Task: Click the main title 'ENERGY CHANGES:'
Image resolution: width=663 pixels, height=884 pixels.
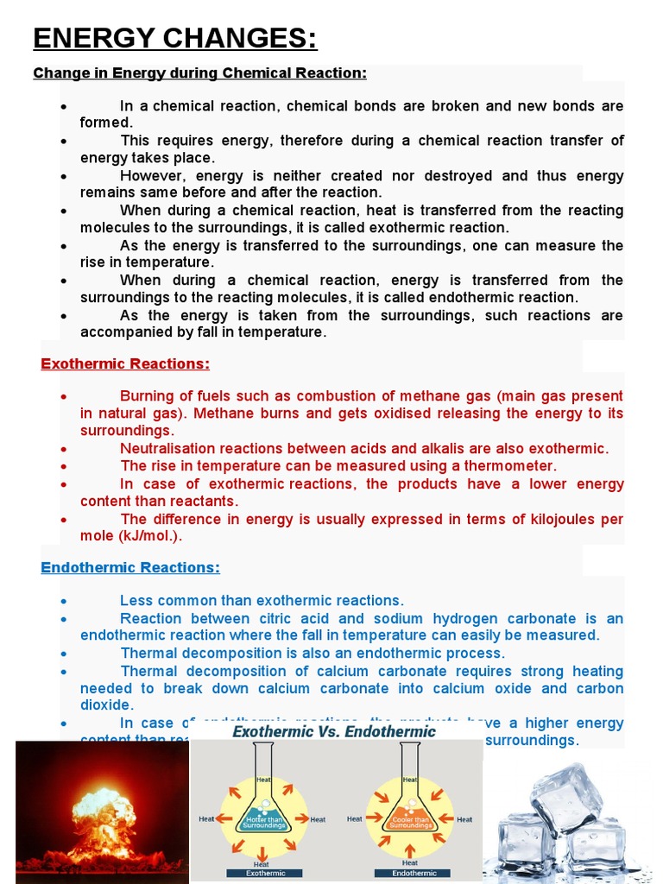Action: (x=174, y=38)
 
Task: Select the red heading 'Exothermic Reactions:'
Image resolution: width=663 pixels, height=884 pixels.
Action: (x=125, y=363)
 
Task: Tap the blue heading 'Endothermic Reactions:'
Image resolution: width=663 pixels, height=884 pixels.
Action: (x=130, y=567)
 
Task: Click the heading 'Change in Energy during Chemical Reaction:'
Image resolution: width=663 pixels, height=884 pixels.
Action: (x=199, y=73)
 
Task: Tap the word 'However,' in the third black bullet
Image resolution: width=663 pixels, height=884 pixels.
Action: (x=149, y=175)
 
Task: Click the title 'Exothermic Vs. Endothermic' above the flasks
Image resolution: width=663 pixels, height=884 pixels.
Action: (x=334, y=732)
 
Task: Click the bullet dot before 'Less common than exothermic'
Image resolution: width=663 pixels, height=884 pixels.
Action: (x=65, y=601)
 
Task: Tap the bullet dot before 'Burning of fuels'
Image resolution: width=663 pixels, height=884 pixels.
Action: (x=65, y=396)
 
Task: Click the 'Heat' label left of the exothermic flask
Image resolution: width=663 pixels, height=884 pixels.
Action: (x=207, y=819)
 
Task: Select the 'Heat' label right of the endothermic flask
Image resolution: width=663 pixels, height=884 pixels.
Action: (x=464, y=819)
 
